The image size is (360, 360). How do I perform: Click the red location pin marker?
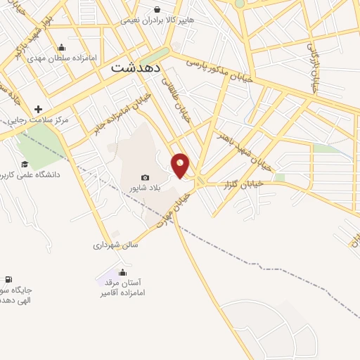pyautogui.click(x=181, y=165)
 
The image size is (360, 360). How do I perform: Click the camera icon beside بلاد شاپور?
pyautogui.click(x=145, y=178)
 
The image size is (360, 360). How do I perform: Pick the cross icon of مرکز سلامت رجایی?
pyautogui.click(x=38, y=109)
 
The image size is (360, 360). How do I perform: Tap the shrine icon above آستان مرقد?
pyautogui.click(x=123, y=272)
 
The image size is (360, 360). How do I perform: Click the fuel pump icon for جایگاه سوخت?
pyautogui.click(x=8, y=280)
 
